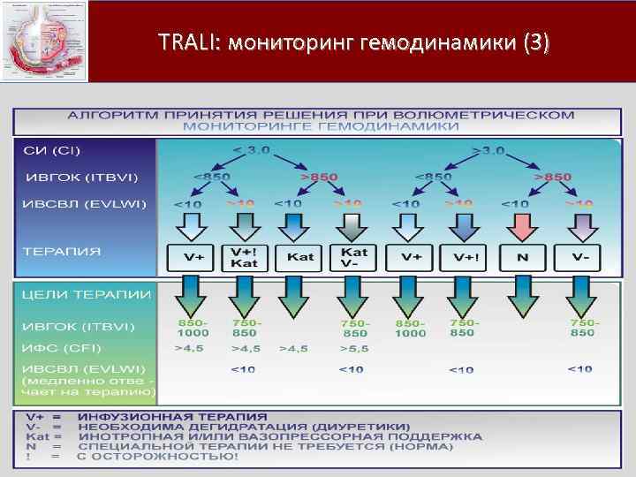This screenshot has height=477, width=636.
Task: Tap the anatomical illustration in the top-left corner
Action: (x=44, y=41)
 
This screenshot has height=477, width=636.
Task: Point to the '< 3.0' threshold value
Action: (x=252, y=149)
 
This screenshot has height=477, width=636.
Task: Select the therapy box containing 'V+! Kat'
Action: (x=245, y=257)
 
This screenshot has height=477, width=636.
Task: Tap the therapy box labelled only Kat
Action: (x=300, y=257)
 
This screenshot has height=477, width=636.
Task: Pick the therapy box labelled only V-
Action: (x=580, y=257)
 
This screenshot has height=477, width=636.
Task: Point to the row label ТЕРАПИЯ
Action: (x=62, y=251)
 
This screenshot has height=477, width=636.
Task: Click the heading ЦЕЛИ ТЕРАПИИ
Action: (x=87, y=294)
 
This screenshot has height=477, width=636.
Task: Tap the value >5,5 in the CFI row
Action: (x=353, y=349)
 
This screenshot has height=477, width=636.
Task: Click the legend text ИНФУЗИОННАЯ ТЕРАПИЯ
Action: (x=172, y=415)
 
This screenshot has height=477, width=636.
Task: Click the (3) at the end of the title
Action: (x=535, y=42)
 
